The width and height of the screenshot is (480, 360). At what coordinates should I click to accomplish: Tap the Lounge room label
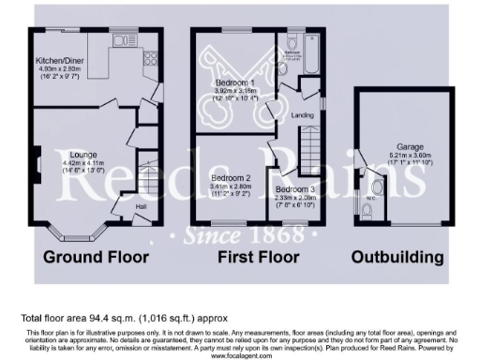(83, 154)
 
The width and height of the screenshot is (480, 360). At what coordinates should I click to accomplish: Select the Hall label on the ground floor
(141, 206)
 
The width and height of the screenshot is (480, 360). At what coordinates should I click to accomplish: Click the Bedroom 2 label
(230, 177)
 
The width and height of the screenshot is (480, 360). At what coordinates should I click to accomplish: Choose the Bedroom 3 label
(295, 188)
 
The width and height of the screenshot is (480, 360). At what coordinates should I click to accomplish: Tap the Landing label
(303, 115)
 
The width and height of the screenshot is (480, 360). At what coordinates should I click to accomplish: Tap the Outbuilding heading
(397, 256)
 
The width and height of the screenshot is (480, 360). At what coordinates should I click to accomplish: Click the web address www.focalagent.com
(239, 356)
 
